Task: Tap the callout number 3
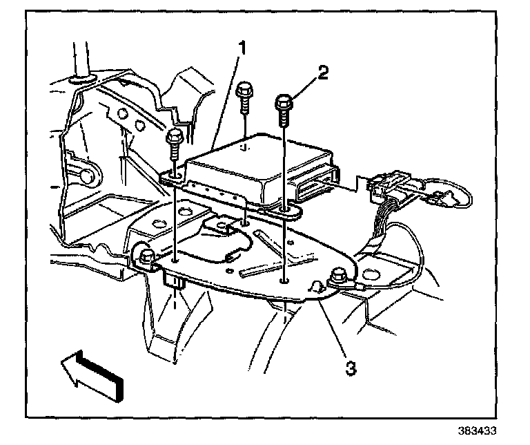click(x=351, y=368)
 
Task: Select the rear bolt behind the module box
click(x=243, y=93)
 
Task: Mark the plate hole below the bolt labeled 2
click(x=284, y=280)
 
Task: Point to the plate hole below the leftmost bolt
click(x=177, y=260)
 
